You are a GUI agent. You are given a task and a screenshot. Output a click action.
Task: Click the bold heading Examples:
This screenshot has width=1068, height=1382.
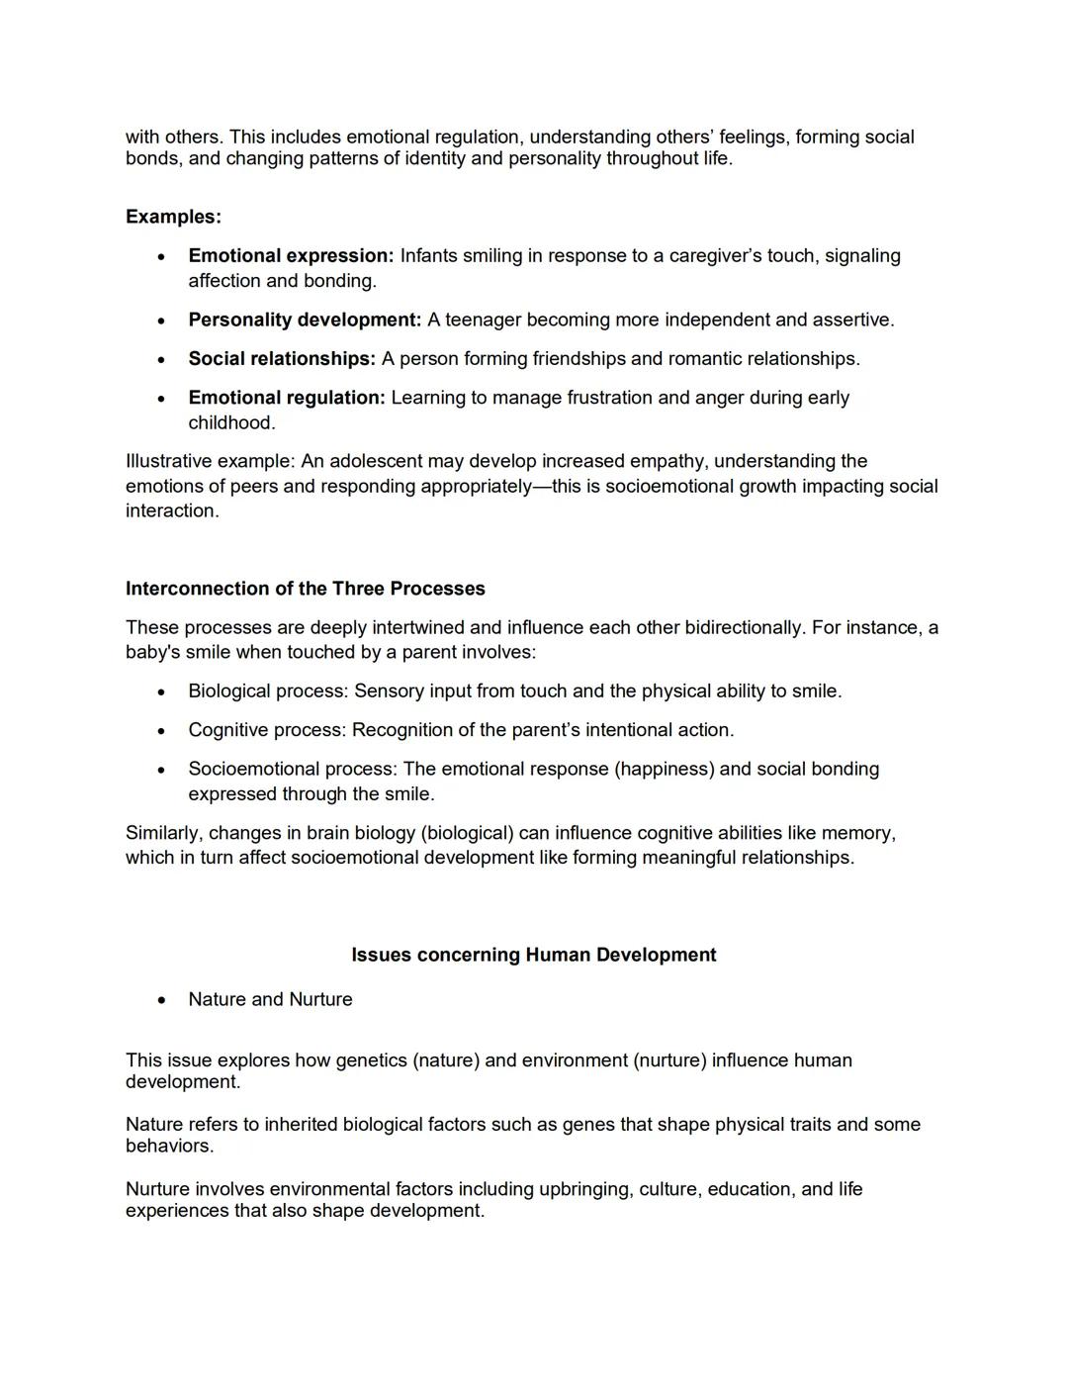[173, 217]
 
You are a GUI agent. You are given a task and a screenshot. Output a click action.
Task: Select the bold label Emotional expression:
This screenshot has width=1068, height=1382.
[291, 255]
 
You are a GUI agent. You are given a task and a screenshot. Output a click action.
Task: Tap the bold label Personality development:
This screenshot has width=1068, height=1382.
[305, 320]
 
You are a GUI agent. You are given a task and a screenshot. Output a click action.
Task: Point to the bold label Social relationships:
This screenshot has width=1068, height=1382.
[282, 358]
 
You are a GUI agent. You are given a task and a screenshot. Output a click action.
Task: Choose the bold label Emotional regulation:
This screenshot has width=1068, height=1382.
[287, 398]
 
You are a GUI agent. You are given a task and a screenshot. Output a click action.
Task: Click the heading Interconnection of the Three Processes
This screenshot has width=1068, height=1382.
[305, 589]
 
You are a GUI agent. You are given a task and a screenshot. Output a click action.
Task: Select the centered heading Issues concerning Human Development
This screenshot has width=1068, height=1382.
[533, 955]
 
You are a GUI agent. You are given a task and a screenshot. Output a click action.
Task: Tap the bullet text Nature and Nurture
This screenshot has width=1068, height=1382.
[270, 999]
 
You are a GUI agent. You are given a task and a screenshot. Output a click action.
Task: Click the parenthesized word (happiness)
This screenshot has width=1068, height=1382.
[664, 769]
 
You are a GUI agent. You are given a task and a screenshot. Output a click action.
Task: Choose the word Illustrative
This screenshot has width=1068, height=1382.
[168, 461]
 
